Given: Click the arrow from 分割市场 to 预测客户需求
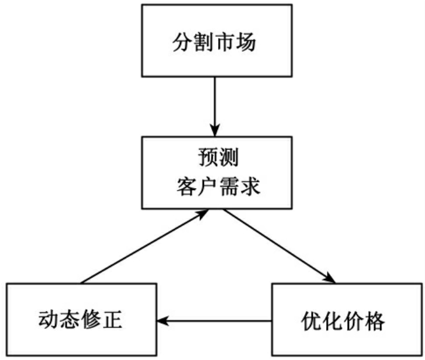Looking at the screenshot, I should (215, 106).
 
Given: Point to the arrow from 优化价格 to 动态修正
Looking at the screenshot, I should (214, 320).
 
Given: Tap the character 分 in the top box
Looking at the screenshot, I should (181, 43).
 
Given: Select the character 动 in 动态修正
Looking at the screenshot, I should (49, 320).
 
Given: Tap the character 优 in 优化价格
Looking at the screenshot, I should (312, 320).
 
